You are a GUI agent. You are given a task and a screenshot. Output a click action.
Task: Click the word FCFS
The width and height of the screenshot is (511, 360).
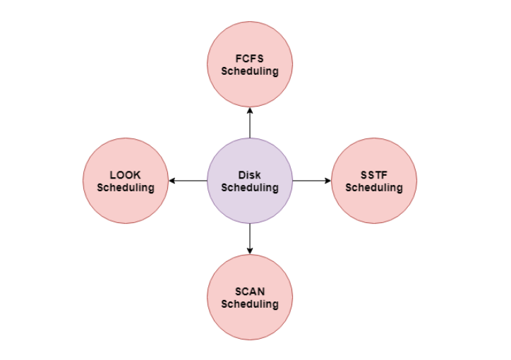point(250,59)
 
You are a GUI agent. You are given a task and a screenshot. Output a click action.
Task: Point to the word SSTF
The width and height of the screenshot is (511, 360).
point(374,175)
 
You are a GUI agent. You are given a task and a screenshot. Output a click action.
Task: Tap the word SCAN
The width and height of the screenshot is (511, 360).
point(250,292)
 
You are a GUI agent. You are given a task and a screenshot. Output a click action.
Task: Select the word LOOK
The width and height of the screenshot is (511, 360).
point(126,175)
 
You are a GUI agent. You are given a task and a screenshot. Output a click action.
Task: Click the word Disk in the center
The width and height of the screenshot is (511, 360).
point(250,175)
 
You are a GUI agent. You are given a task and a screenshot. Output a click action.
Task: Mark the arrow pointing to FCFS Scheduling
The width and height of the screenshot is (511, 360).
point(250,123)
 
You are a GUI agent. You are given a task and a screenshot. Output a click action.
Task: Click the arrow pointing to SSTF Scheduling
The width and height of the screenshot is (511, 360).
point(312,181)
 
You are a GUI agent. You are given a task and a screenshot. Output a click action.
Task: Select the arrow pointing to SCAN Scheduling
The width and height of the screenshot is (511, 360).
point(250,239)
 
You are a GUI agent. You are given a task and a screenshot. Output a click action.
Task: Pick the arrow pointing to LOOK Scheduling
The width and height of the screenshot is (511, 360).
point(188,181)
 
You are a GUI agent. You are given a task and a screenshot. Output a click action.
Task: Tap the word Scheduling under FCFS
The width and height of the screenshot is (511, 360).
point(250,71)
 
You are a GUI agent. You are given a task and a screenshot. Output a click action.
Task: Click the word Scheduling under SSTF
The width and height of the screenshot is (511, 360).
point(374,187)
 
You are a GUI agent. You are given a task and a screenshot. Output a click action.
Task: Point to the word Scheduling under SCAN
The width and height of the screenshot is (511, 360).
point(250,304)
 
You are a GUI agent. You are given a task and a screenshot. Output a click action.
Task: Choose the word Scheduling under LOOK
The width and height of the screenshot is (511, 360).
point(126,187)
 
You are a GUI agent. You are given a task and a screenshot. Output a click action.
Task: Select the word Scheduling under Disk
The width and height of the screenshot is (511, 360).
point(250,187)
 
